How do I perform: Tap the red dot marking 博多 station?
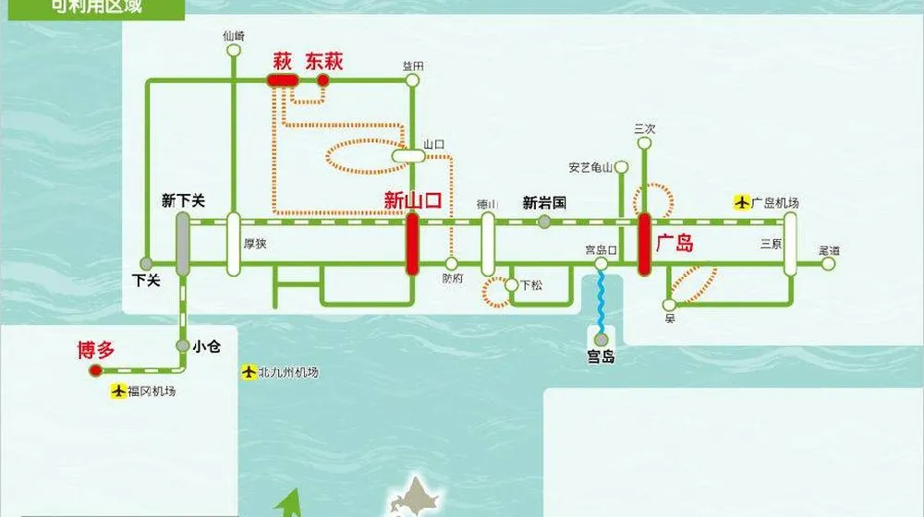[94, 371]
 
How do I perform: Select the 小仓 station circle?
[183, 347]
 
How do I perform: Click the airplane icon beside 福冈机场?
[117, 391]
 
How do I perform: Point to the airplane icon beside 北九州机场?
[248, 372]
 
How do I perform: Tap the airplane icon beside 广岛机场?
[741, 202]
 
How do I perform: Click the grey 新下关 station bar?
[183, 244]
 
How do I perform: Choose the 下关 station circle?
[146, 264]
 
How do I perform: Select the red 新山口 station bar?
[412, 244]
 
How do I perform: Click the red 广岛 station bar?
[644, 244]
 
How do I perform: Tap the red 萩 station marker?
[282, 80]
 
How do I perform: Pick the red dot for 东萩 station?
[323, 80]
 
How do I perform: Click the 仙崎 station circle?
[233, 51]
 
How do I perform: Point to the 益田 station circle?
[412, 80]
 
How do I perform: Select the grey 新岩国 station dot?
[544, 222]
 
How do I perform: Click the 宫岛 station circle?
[602, 339]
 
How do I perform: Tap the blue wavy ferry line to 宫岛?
[601, 300]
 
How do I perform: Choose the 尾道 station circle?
[828, 264]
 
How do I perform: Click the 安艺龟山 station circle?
[622, 168]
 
